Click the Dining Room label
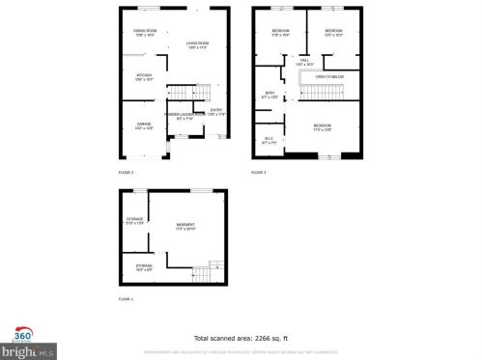coord(145,32)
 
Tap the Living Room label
coord(197,43)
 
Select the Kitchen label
coord(144,76)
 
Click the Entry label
coord(215,111)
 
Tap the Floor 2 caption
coord(126,171)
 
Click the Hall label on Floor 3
coord(304,62)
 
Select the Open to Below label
coord(328,76)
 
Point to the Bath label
coord(269,95)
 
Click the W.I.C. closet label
coord(270,141)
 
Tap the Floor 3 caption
coord(258,171)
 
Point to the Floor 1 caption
coord(126,299)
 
